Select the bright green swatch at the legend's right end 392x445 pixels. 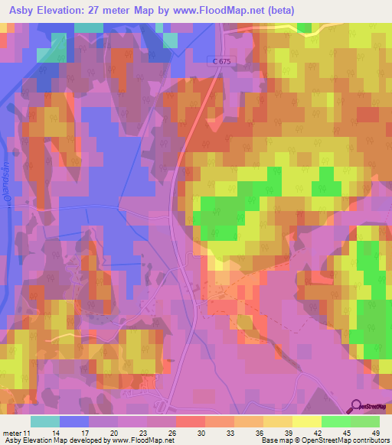coord(365,421)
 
